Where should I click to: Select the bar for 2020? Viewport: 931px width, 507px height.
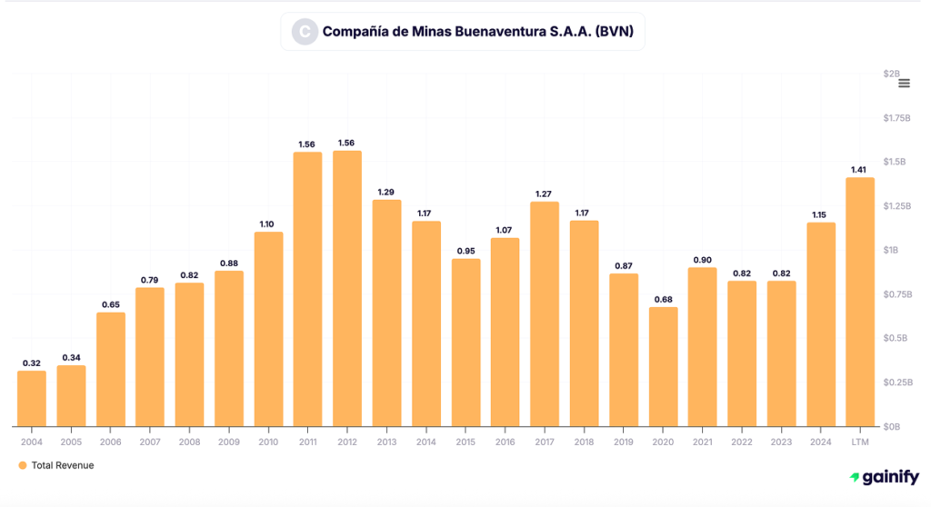[664, 367]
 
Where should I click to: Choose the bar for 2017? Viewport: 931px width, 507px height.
[545, 313]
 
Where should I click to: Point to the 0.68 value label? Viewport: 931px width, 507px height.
[664, 299]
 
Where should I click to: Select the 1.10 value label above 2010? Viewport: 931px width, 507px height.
[268, 224]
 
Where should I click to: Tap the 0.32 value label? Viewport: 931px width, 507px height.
[32, 363]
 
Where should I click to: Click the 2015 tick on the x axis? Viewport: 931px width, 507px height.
[465, 442]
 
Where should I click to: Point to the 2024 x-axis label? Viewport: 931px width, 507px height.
[821, 442]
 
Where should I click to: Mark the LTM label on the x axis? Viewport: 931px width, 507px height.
[860, 442]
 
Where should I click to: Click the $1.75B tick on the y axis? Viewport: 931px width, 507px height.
[896, 118]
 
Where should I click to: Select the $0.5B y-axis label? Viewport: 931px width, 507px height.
[896, 338]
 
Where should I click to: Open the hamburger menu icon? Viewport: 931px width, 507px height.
[904, 84]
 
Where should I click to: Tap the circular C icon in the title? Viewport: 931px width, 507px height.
[304, 32]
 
